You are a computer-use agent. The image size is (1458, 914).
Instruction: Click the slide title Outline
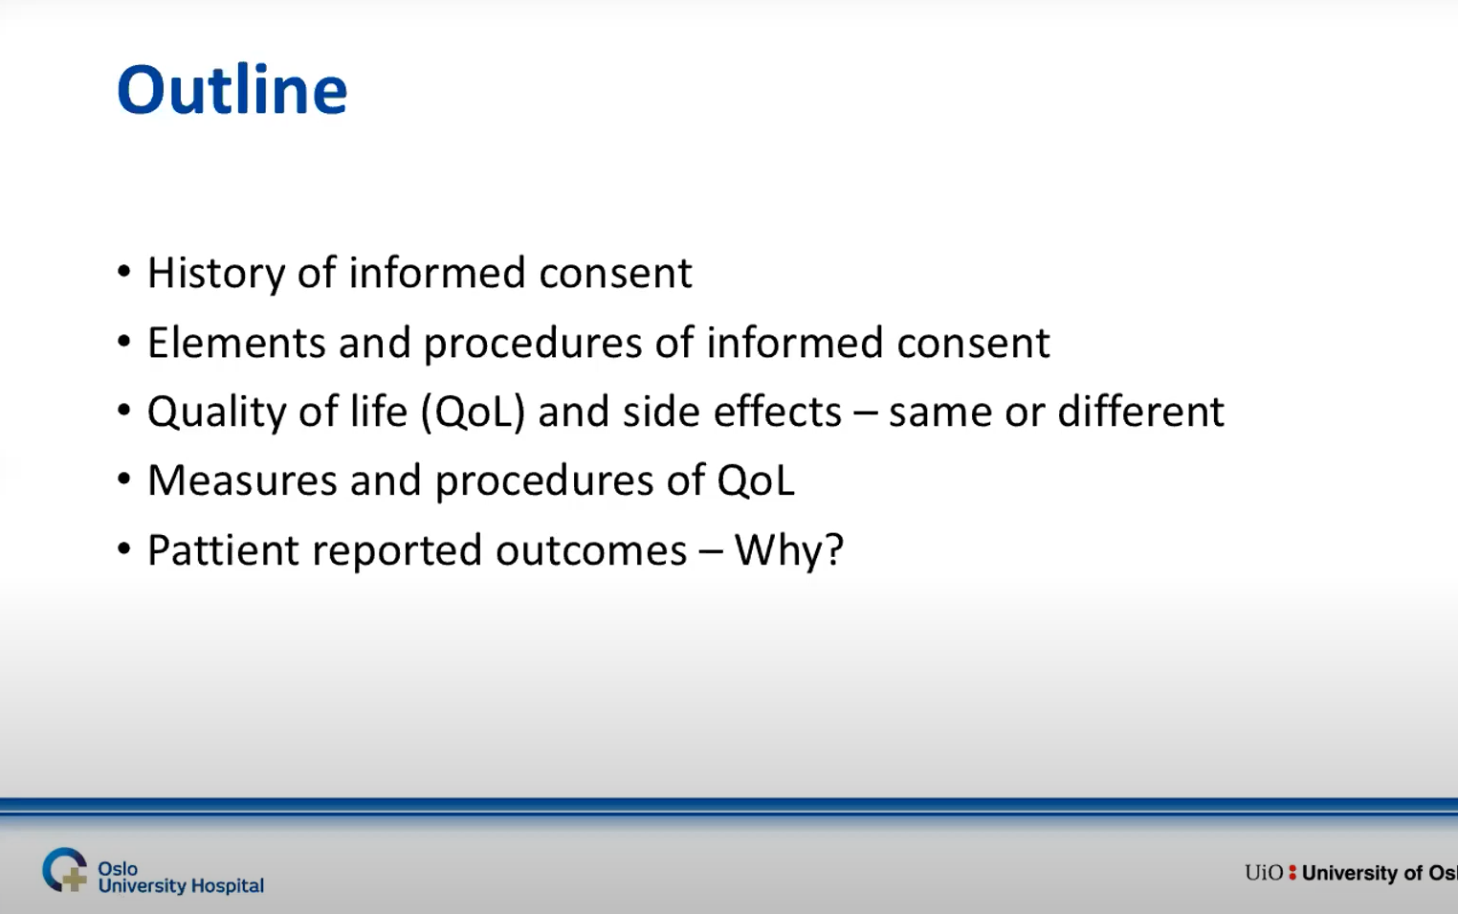click(x=232, y=90)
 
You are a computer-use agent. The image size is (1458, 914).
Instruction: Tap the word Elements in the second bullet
click(x=236, y=343)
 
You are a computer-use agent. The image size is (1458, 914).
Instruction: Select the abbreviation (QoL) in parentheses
click(x=474, y=412)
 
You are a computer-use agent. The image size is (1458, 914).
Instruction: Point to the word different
click(x=1141, y=412)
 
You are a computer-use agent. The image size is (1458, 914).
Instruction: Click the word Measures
click(x=242, y=480)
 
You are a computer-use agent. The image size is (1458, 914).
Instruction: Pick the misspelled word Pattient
click(x=223, y=550)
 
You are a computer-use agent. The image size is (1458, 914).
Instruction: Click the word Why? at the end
click(x=789, y=550)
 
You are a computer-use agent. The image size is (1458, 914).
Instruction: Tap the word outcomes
click(x=591, y=551)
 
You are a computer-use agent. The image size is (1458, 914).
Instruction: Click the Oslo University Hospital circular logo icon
click(x=64, y=870)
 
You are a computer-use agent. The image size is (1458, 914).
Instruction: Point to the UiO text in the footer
click(x=1264, y=872)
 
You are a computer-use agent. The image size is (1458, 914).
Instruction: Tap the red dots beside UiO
click(x=1292, y=872)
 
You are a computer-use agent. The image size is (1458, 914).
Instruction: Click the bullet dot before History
click(x=124, y=272)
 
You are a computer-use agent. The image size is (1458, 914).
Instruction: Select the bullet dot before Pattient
click(x=124, y=548)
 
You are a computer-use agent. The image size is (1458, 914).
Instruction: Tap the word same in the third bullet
click(x=939, y=414)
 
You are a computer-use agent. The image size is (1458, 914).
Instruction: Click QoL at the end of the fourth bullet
click(x=756, y=480)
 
